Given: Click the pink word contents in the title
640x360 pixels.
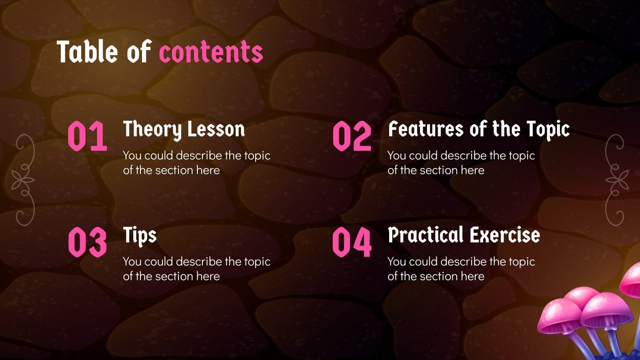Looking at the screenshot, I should [x=211, y=52].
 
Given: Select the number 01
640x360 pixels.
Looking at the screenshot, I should [x=87, y=136].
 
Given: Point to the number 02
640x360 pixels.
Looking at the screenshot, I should [x=352, y=136].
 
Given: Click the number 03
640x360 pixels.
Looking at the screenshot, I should [x=87, y=242].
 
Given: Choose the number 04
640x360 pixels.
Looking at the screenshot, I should [x=352, y=242].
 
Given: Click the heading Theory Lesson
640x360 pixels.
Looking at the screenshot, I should [x=184, y=130].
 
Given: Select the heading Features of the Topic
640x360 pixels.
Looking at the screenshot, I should [x=479, y=130].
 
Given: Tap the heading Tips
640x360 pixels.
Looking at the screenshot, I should [x=140, y=235].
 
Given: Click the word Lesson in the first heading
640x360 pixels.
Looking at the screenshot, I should [x=216, y=130].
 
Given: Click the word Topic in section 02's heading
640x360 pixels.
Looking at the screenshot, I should [x=548, y=130].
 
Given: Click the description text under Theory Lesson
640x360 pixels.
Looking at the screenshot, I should [x=196, y=163].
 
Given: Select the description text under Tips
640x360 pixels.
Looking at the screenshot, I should [x=196, y=269].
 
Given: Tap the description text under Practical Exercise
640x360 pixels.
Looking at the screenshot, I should [x=461, y=269].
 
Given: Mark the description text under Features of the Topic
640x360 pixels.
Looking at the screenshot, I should [x=461, y=163].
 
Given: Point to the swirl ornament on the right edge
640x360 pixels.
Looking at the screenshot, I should [x=616, y=180].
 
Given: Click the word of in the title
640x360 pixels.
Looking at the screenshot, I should [x=138, y=52].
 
